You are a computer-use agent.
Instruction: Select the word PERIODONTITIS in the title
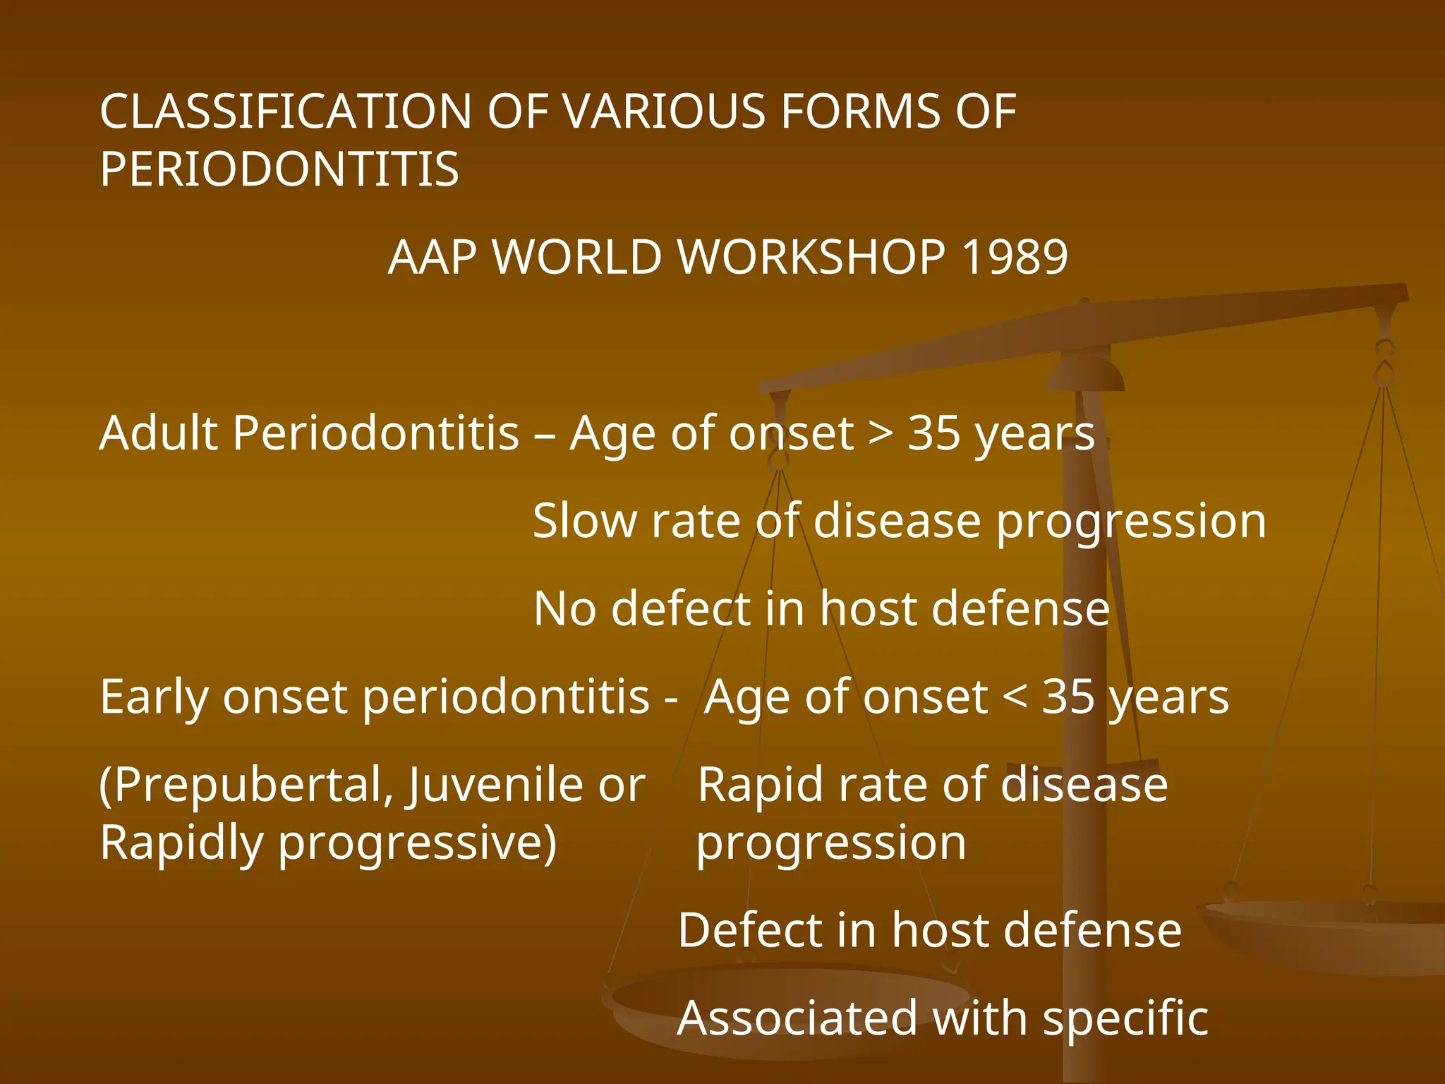pos(279,169)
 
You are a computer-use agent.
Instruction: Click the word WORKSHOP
pos(811,257)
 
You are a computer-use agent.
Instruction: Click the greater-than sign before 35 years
pos(880,433)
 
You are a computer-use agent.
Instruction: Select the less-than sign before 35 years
pos(1015,697)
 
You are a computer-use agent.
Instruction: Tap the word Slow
pos(585,521)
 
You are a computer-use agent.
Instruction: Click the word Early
pos(155,697)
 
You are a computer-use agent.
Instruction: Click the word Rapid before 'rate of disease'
pos(760,785)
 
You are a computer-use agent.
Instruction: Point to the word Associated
pos(797,1018)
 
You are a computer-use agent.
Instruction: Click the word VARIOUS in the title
pos(663,112)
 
